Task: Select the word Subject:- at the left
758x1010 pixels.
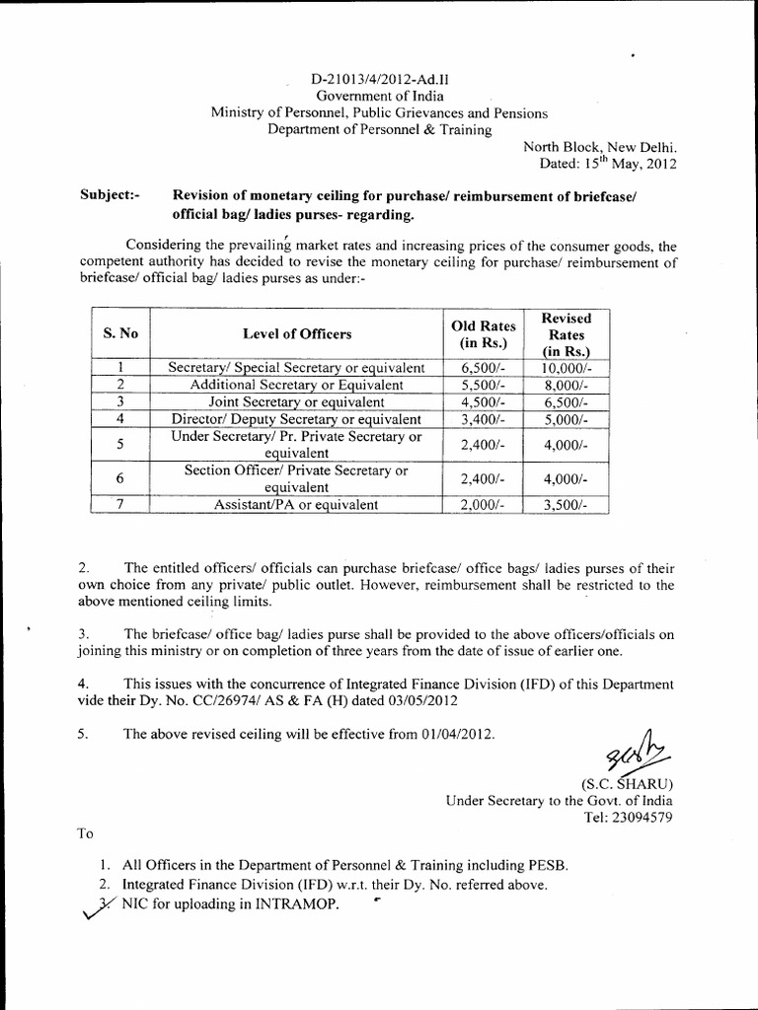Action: click(109, 195)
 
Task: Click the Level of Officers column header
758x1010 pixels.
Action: click(296, 334)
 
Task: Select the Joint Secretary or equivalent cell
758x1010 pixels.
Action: click(296, 402)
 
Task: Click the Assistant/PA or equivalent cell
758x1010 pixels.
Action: click(296, 505)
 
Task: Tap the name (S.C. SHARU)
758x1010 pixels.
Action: click(630, 784)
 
